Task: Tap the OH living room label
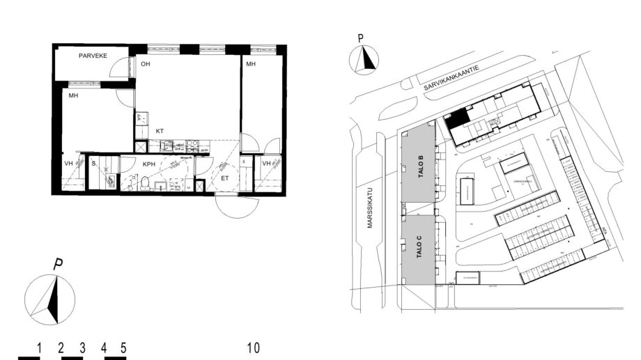coord(146,64)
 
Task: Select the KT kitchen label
coord(160,131)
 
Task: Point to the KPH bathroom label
coord(149,164)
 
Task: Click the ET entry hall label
coord(225,179)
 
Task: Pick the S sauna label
coord(93,164)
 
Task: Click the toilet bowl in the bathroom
coord(145,182)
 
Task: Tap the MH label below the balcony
coord(72,97)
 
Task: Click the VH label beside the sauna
coord(68,164)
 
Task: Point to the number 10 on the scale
coord(254,347)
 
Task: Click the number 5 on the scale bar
coord(123,347)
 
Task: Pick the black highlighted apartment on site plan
coord(456,120)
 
